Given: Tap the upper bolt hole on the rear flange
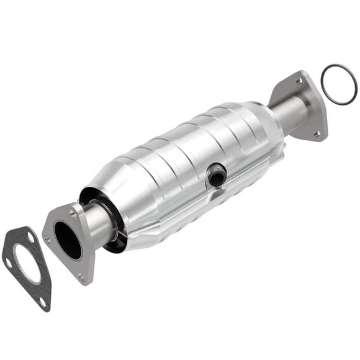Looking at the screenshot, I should click(x=300, y=81).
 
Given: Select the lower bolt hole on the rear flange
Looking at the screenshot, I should click(x=316, y=133).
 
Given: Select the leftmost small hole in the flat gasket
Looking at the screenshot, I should click(x=8, y=262).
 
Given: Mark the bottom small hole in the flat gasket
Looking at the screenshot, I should click(x=42, y=302).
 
